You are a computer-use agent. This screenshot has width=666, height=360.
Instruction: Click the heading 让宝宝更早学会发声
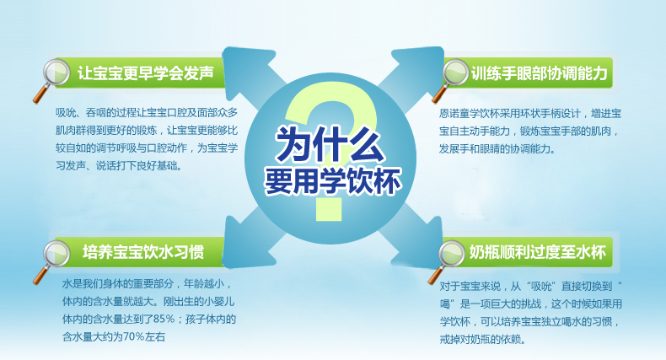145,73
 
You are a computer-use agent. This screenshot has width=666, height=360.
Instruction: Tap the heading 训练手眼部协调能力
539,73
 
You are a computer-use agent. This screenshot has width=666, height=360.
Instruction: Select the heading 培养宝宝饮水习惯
143,252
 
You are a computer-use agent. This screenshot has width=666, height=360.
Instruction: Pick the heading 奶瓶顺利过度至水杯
537,252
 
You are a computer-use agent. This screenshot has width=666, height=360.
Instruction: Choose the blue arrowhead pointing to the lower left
245,246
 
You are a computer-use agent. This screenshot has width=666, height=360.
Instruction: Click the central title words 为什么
330,143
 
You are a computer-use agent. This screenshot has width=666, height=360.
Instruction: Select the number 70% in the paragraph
134,337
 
